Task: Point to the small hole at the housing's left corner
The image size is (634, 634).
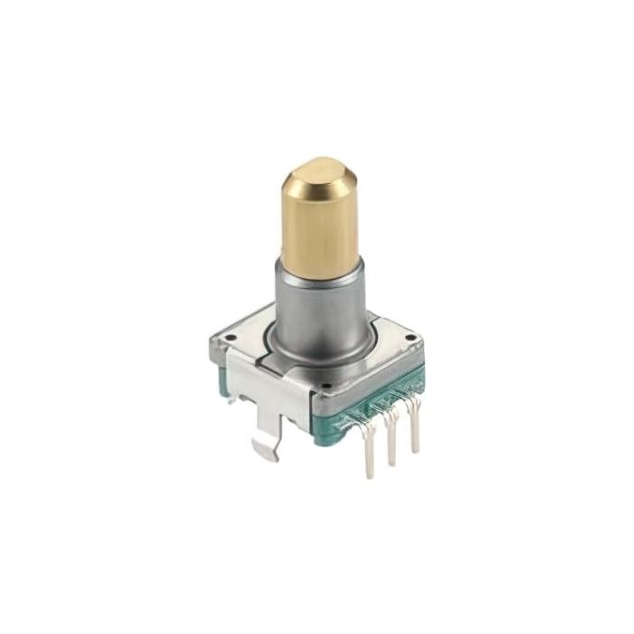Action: [228, 341]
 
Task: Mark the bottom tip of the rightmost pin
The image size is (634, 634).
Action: [416, 450]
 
